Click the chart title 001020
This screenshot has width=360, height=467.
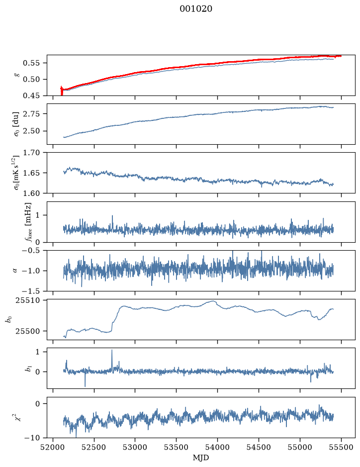[195, 9]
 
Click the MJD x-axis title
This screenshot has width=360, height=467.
[201, 458]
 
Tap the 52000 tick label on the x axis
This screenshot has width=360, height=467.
[53, 447]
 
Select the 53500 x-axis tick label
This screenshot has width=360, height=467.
[176, 447]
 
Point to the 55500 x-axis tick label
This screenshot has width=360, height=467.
[341, 447]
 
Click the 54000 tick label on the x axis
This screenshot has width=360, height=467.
[217, 447]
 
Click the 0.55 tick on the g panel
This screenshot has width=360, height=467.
[31, 63]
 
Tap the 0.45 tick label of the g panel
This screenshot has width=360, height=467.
[31, 95]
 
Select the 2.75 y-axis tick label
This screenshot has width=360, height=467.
[31, 113]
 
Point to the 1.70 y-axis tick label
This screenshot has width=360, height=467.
[31, 153]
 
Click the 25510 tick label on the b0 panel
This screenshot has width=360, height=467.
[27, 300]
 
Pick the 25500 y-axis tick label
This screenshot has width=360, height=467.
[27, 331]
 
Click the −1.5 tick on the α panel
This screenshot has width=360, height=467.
[31, 290]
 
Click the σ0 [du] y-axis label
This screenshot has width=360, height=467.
[16, 124]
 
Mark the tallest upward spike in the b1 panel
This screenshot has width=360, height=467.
[112, 350]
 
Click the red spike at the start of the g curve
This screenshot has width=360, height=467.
[62, 91]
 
